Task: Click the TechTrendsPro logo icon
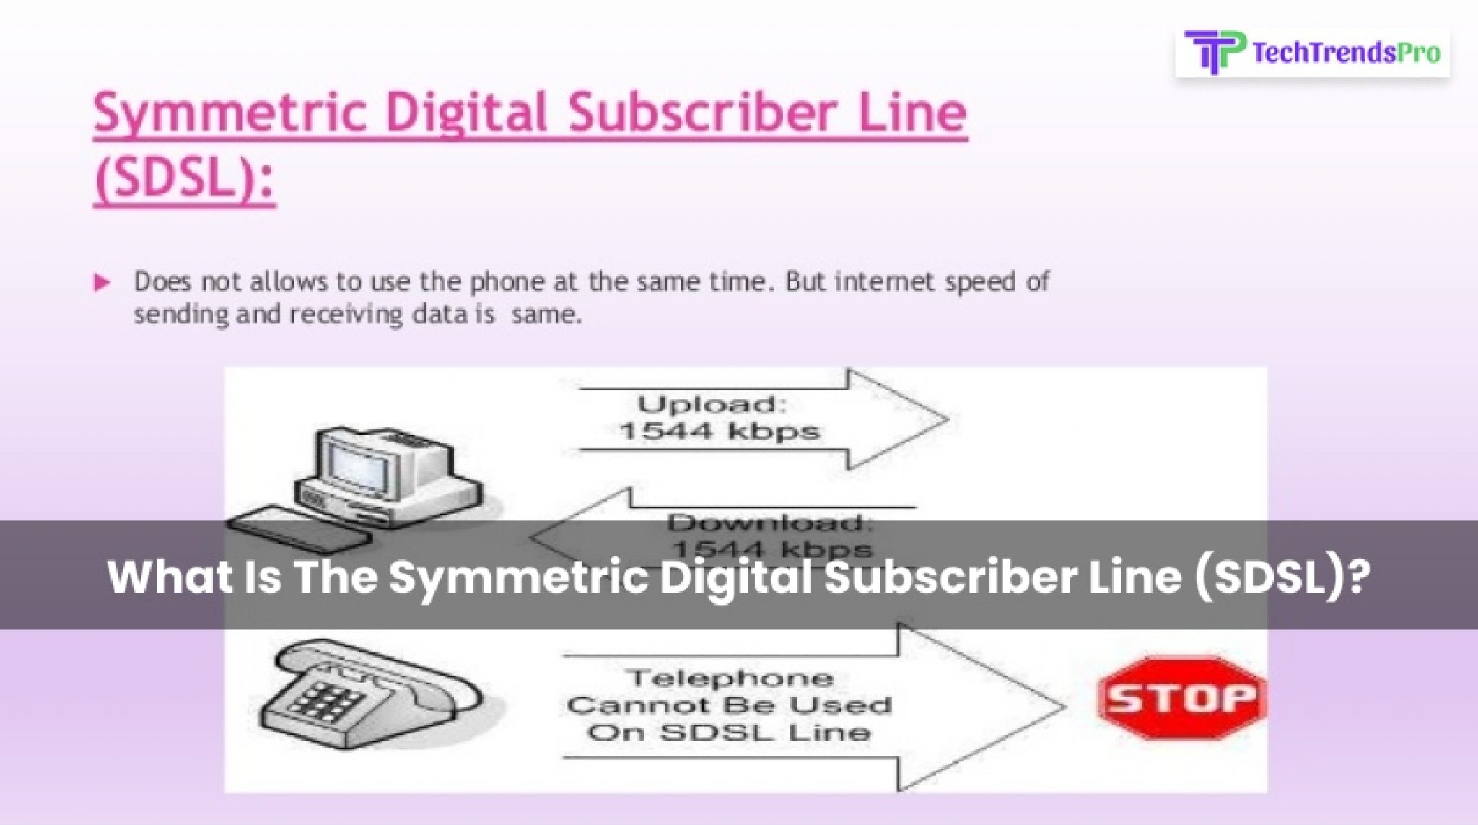click(1215, 52)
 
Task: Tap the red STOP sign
click(1181, 698)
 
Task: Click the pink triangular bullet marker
click(102, 282)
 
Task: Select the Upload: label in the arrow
click(711, 403)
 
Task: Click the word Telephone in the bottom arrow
click(730, 678)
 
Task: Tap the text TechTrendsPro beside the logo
click(1346, 53)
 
